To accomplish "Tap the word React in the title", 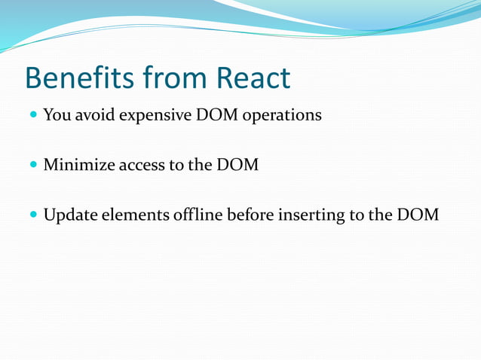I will point(253,78).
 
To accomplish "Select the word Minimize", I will point(78,165).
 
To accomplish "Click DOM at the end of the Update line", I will point(417,215).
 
